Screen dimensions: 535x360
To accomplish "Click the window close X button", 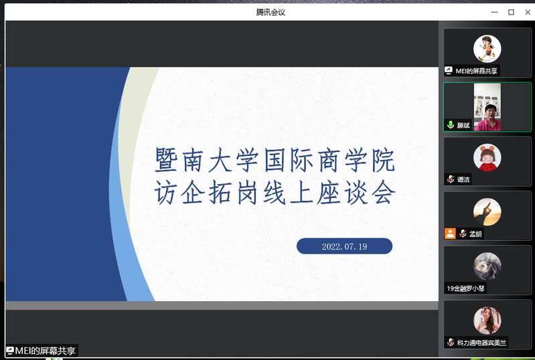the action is pos(528,12).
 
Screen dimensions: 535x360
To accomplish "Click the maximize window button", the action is pos(511,12).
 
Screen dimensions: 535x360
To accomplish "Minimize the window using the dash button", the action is pos(494,12).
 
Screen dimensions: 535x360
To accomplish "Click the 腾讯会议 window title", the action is pos(271,12).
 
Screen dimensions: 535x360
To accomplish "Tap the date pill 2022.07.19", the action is pos(344,246).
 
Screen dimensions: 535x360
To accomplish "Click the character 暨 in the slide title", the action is pos(166,160).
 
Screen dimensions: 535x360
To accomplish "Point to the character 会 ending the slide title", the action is pos(383,192).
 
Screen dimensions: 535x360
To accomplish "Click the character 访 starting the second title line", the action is pos(166,192).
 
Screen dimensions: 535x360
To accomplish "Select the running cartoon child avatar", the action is pos(487,49).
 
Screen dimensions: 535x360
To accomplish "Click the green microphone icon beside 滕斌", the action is pos(451,124).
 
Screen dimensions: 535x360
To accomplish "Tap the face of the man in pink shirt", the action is pos(490,112).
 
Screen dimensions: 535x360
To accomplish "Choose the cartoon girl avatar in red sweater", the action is pos(487,157).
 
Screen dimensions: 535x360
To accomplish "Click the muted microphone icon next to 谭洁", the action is pos(451,179).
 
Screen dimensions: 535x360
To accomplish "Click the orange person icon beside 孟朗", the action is pos(450,234).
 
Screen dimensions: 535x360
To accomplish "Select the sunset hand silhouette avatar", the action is pos(487,211).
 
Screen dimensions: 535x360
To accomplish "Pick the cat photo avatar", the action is pos(487,266).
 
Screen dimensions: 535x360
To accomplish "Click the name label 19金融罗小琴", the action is pos(465,288).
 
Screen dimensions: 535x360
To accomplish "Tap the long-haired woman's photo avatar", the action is pos(487,321).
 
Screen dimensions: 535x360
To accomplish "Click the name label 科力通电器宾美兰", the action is pos(481,343).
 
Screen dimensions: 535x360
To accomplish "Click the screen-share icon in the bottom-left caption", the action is pos(10,351).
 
